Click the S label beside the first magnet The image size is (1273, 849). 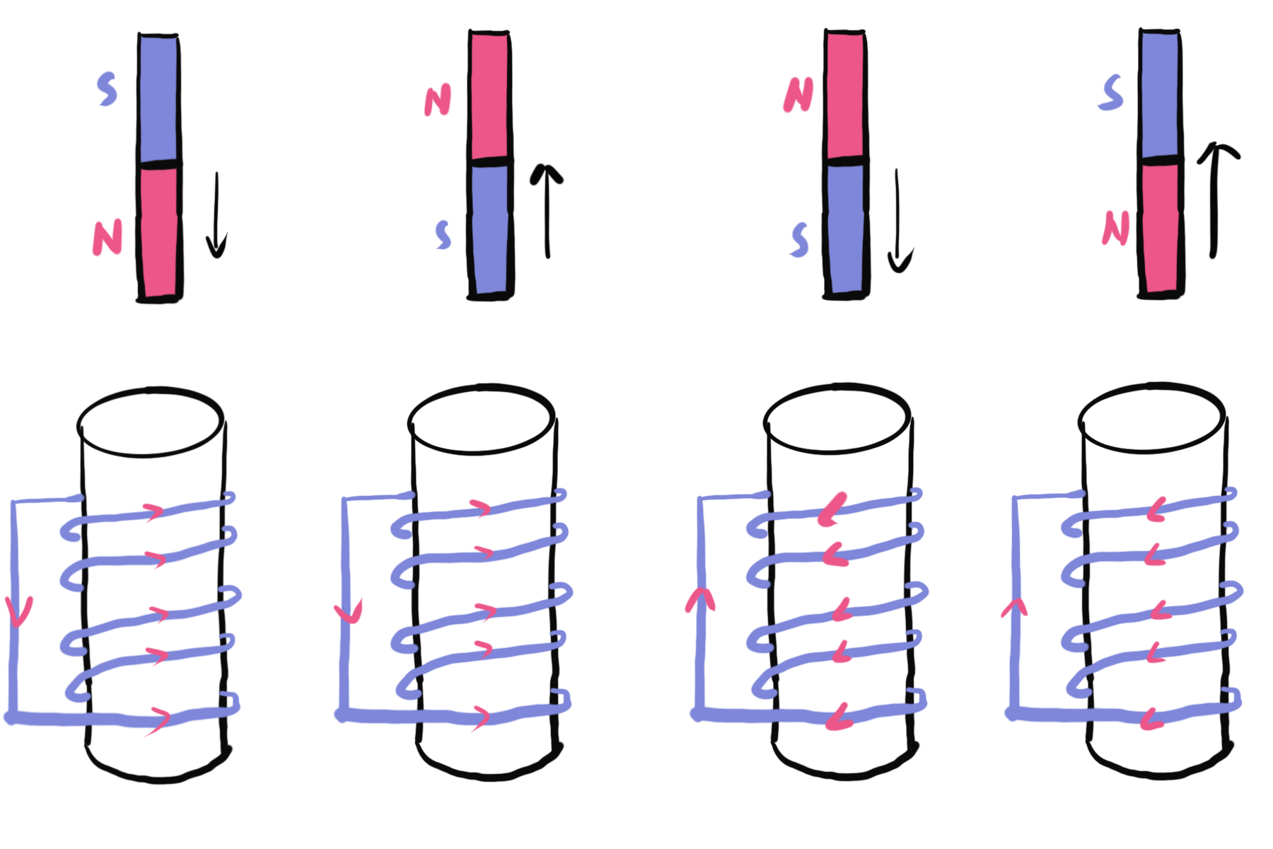(107, 90)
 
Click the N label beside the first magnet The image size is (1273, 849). (107, 238)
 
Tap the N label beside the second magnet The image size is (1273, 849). (438, 100)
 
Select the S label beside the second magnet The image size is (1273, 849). (443, 235)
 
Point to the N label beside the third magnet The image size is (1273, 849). (798, 95)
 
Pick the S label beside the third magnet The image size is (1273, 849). (800, 240)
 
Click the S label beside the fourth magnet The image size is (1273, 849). (1111, 93)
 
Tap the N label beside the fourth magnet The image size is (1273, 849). (1115, 229)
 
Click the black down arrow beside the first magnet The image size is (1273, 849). (216, 216)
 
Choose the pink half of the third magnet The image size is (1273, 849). (845, 96)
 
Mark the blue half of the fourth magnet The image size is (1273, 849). (1159, 96)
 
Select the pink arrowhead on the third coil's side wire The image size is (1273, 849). (700, 601)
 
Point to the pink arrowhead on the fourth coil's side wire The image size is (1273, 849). (1014, 607)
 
